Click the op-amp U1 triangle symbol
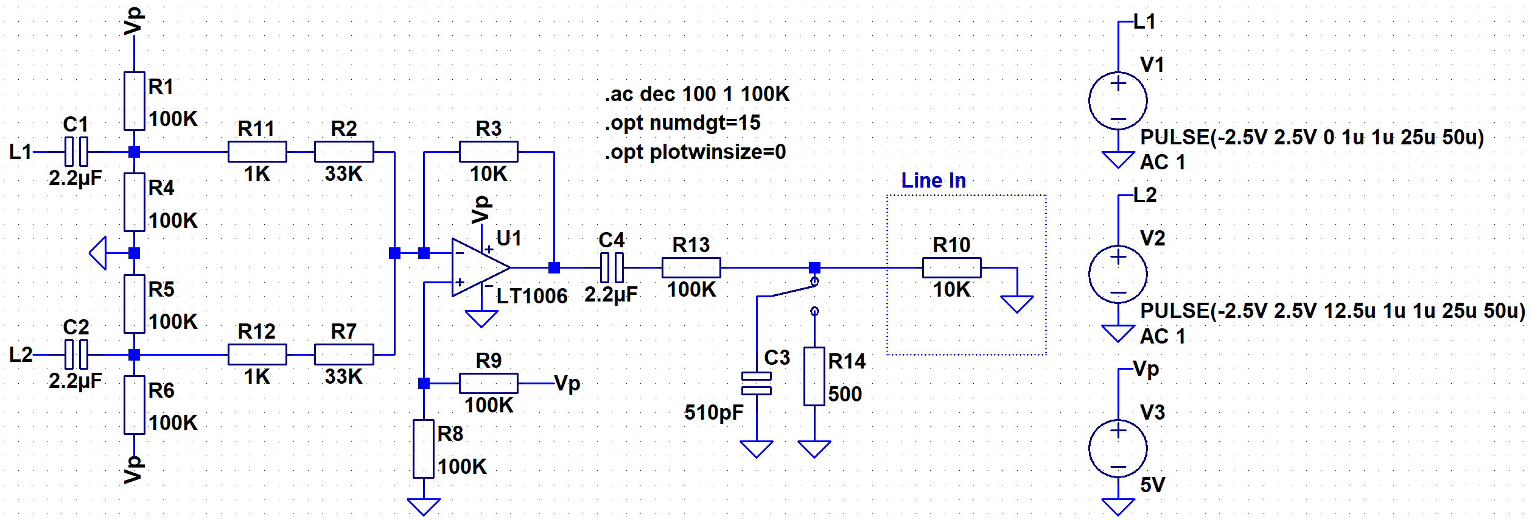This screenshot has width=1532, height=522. pos(481,267)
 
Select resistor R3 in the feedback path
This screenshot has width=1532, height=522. pos(489,152)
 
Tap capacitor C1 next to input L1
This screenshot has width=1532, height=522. pos(76,152)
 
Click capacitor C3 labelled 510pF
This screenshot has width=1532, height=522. pos(757,383)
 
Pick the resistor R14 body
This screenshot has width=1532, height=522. pos(814,376)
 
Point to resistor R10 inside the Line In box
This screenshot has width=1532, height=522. pos(952,267)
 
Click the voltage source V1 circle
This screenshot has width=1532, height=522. pos(1118,101)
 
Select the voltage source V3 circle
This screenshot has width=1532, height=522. pos(1118,448)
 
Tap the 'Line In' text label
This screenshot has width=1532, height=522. pos(933,180)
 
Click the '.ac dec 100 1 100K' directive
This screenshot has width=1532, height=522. pos(697,94)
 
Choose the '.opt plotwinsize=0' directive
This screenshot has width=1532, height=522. pos(695,152)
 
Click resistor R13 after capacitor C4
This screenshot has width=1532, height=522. pos(691,267)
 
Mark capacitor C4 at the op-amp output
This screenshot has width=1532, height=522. pos(612,267)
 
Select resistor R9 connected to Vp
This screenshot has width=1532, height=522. pos(489,383)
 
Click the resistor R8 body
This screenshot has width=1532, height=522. pos(424,449)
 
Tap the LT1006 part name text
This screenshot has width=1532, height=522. pos(532,296)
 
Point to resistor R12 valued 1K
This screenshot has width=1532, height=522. pos(257,354)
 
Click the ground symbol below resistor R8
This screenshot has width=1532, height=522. pos(424,507)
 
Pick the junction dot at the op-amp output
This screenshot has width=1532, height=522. pos(554,267)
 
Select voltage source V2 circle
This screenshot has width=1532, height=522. pos(1118,274)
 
